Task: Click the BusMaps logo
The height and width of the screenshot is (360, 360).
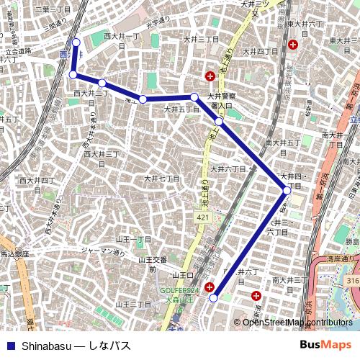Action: coord(326,345)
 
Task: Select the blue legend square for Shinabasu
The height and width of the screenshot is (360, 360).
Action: coord(10,346)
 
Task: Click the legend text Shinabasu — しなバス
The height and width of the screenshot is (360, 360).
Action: coord(76,346)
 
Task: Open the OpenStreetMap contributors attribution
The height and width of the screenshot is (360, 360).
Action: coord(297,323)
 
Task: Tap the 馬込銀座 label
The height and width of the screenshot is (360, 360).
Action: coord(14,254)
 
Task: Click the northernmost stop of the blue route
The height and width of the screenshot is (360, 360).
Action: coord(76,42)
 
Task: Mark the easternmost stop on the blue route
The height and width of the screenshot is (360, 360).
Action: coord(287,190)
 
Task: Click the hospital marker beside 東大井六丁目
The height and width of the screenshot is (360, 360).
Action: coord(293,45)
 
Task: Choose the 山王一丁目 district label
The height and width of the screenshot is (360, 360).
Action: coord(134,238)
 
